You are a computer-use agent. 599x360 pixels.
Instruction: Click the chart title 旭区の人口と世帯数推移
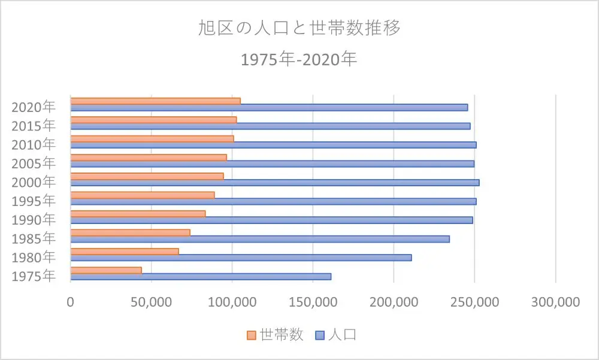point(299,28)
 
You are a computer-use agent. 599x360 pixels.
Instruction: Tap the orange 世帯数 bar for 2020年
point(156,101)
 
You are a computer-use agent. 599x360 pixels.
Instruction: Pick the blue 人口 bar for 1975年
point(201,276)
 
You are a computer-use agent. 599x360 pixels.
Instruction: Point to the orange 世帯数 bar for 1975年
point(106,270)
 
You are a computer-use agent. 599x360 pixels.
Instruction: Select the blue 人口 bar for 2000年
point(275,182)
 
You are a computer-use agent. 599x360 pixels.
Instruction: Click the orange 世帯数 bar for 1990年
point(138,214)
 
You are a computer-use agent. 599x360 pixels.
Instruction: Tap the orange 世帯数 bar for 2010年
point(152,138)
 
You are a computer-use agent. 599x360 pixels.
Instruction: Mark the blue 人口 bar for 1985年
point(260,239)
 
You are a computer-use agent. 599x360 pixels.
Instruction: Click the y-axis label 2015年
point(34,126)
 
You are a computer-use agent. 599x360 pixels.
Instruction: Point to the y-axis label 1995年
point(34,201)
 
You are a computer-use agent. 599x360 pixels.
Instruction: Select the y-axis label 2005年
point(34,164)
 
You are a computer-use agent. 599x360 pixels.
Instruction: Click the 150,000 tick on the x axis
point(313,302)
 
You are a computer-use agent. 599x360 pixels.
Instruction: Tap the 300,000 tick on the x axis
point(555,302)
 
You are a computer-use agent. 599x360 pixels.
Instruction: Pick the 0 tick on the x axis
point(71,302)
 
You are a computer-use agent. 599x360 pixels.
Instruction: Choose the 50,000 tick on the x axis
point(152,302)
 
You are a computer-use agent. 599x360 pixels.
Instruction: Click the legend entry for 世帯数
point(276,335)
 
